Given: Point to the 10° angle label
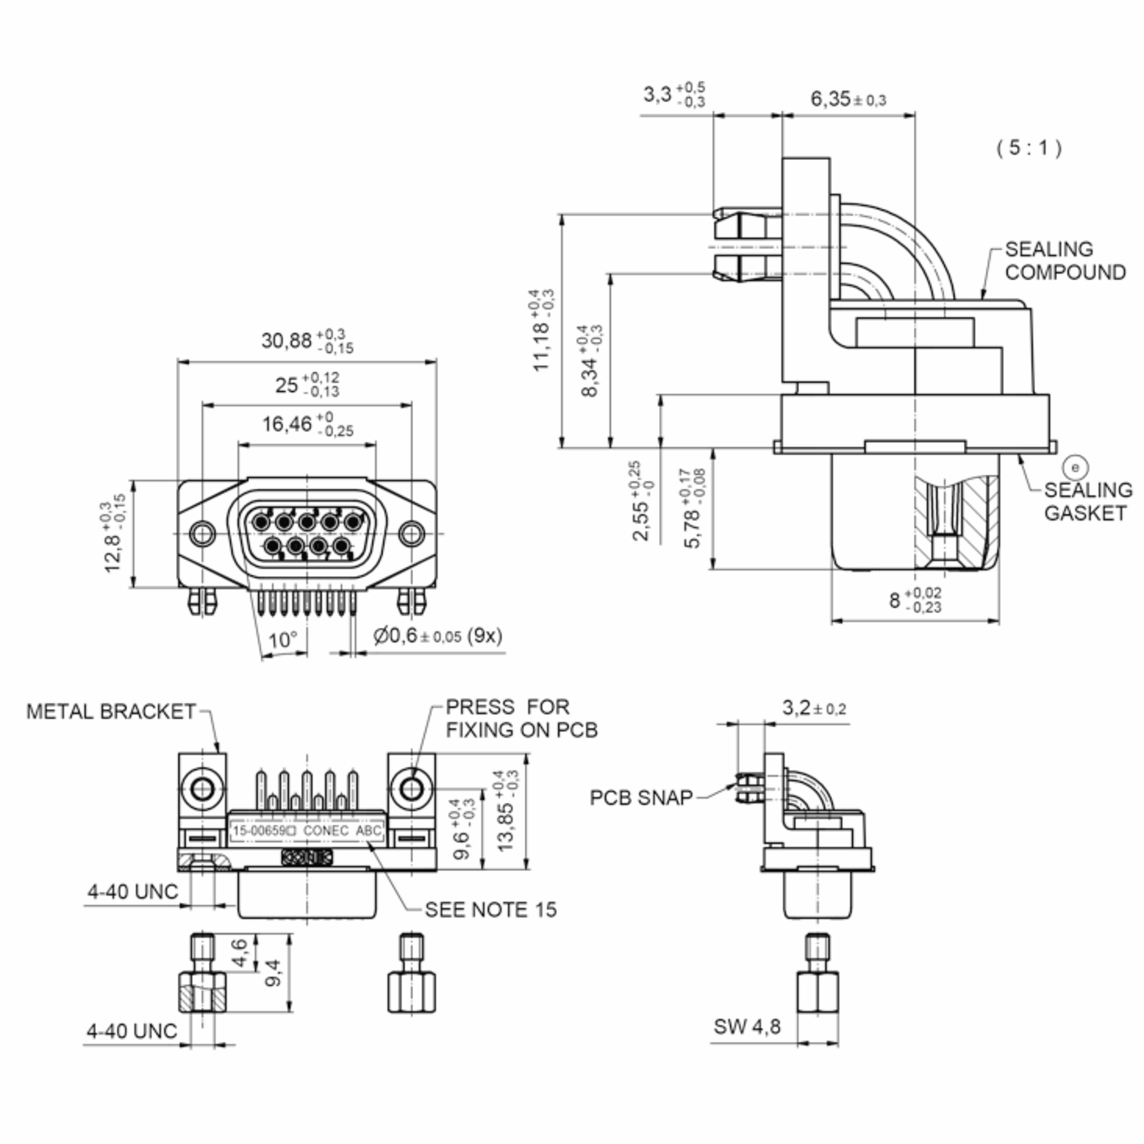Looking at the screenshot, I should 283,640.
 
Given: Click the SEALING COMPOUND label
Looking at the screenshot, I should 1065,261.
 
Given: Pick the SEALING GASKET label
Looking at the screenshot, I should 1088,501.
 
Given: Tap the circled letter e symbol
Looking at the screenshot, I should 1075,467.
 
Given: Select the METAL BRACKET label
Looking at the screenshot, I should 111,711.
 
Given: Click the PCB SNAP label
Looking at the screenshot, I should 641,797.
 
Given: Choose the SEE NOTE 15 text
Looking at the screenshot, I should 490,909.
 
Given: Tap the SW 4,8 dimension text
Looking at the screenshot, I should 746,1026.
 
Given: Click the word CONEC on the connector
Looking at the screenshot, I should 326,831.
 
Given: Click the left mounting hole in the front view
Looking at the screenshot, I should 203,533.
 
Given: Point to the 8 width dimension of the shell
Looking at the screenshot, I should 915,600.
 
